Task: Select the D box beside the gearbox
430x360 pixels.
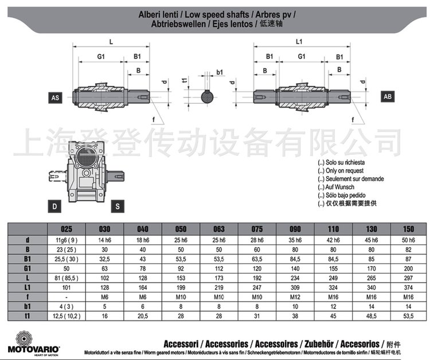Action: coord(55,205)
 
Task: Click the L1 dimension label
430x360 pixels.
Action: coord(299,42)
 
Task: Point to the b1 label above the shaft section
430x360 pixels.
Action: coord(220,72)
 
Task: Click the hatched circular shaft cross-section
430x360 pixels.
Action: coord(208,96)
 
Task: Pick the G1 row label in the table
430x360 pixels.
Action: coord(28,268)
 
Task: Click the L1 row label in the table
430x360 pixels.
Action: coord(28,287)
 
